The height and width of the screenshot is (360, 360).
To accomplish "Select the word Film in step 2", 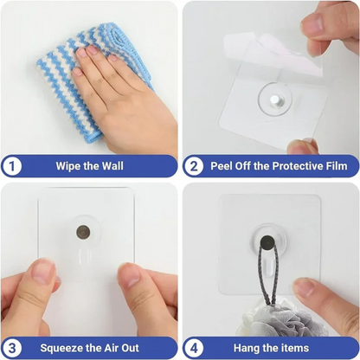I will point(335,164).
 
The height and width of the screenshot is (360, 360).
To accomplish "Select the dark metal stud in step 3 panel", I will point(83,232).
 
